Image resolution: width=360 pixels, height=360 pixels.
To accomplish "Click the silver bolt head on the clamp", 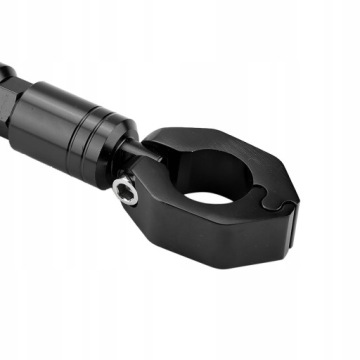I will coord(126,190).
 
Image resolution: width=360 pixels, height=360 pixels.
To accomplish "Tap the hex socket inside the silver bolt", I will coord(126,190).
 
